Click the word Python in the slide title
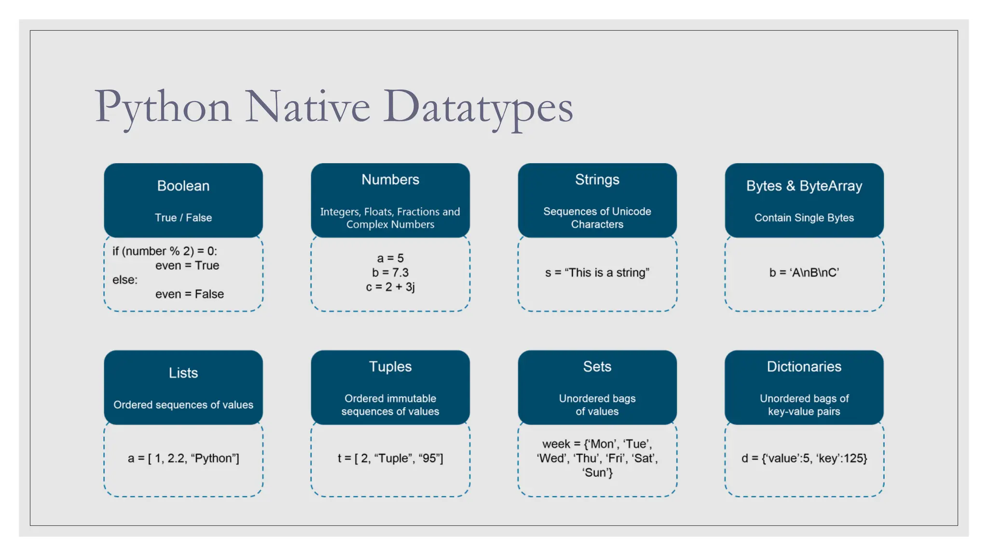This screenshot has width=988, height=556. click(163, 107)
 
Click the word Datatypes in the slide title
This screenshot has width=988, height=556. click(478, 107)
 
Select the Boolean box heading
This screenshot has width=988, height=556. click(183, 186)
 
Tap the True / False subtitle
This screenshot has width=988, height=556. click(183, 218)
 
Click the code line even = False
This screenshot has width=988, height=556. click(190, 294)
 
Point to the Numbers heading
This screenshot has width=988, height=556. click(390, 180)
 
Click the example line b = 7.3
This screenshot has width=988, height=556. click(390, 273)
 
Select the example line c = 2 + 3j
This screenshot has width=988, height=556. click(390, 287)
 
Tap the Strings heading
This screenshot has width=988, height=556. click(597, 180)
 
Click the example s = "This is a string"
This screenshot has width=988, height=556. click(597, 273)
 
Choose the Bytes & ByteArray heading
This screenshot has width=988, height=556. click(804, 186)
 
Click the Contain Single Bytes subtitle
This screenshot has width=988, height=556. click(804, 218)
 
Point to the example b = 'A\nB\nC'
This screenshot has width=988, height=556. click(804, 273)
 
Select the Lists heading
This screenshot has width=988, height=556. click(183, 373)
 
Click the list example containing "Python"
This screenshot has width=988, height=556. click(183, 458)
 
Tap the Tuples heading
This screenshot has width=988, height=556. click(390, 366)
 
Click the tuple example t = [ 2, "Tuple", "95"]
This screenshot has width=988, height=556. click(390, 458)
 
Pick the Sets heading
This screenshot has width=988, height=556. click(597, 366)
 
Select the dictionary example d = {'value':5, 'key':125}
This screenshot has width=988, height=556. click(804, 458)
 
